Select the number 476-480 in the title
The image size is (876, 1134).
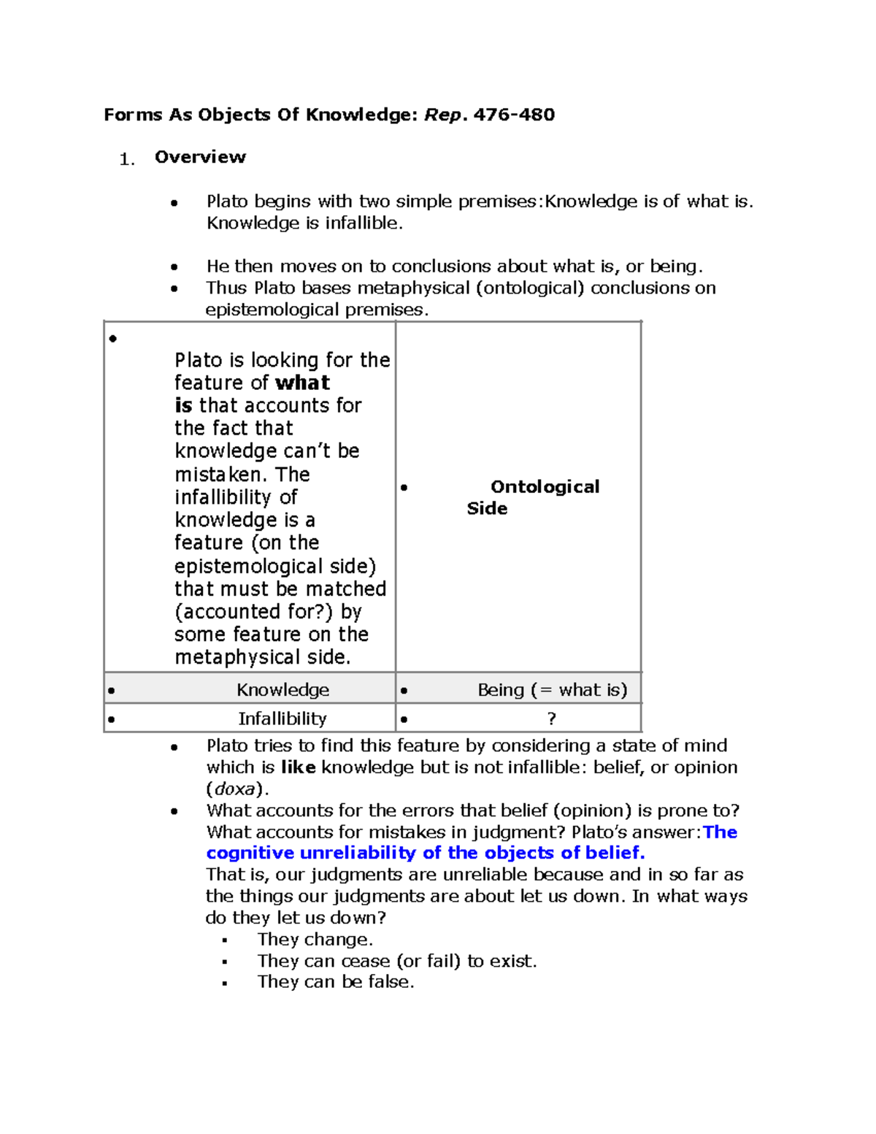[514, 115]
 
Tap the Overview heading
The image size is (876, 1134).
[200, 157]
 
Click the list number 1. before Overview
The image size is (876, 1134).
[127, 160]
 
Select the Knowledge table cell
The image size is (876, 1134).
[283, 690]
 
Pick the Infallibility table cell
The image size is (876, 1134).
[283, 719]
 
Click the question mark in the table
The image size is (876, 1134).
[551, 719]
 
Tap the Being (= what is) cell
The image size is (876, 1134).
[552, 690]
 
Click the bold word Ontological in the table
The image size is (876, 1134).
[545, 487]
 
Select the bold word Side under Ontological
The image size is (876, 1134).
[487, 509]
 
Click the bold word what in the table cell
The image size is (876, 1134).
[302, 383]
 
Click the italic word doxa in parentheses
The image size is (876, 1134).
[234, 789]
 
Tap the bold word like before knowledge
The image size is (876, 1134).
[298, 767]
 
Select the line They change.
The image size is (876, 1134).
[315, 940]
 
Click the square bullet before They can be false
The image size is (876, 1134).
[225, 984]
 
